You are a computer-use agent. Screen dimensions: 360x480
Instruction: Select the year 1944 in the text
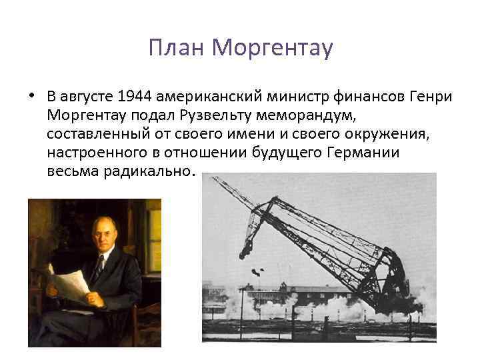[134, 97]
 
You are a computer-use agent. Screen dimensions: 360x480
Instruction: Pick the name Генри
[433, 97]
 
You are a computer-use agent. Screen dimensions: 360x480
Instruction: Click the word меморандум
[279, 115]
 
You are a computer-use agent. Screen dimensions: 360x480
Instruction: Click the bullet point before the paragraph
[31, 95]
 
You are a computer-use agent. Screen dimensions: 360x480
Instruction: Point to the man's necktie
[99, 267]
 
